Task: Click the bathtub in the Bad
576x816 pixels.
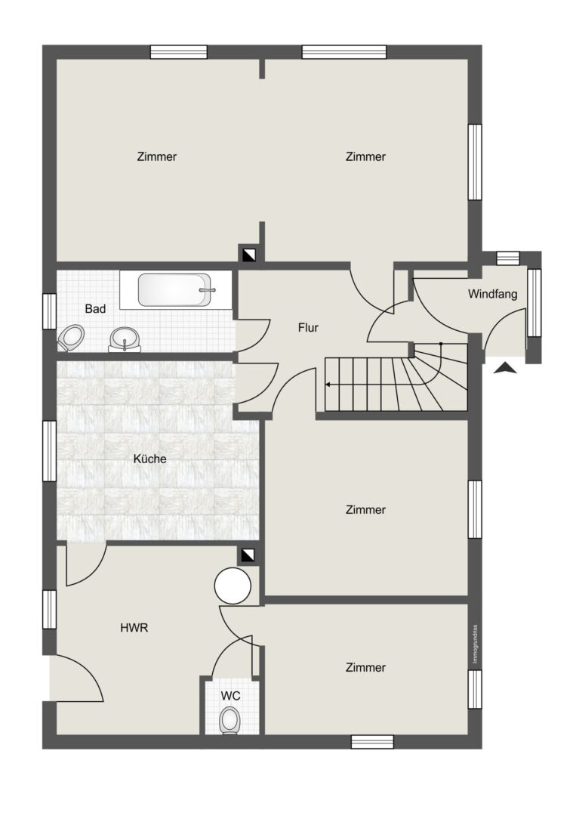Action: click(174, 290)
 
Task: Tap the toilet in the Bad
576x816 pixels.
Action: click(71, 338)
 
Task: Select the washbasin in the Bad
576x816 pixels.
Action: click(125, 340)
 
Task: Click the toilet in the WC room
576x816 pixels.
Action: click(229, 721)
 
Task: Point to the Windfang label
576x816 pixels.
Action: click(492, 294)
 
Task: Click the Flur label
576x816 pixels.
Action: click(308, 327)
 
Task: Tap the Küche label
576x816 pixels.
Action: click(149, 459)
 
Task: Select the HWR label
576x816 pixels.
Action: click(134, 628)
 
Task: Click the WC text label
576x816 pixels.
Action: click(231, 696)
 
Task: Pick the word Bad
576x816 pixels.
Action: click(95, 308)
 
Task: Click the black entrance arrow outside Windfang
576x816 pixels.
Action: click(505, 369)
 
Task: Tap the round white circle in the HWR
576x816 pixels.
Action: click(233, 586)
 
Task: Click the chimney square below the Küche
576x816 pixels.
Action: click(248, 555)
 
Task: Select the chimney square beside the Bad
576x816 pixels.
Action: click(248, 255)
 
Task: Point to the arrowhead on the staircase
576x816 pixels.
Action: click(328, 385)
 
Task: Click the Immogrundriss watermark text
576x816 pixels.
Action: click(475, 644)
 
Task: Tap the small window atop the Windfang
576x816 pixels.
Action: click(508, 258)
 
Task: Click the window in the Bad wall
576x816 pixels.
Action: click(49, 311)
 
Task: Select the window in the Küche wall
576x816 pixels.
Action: click(49, 451)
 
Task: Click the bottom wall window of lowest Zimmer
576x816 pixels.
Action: click(372, 742)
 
